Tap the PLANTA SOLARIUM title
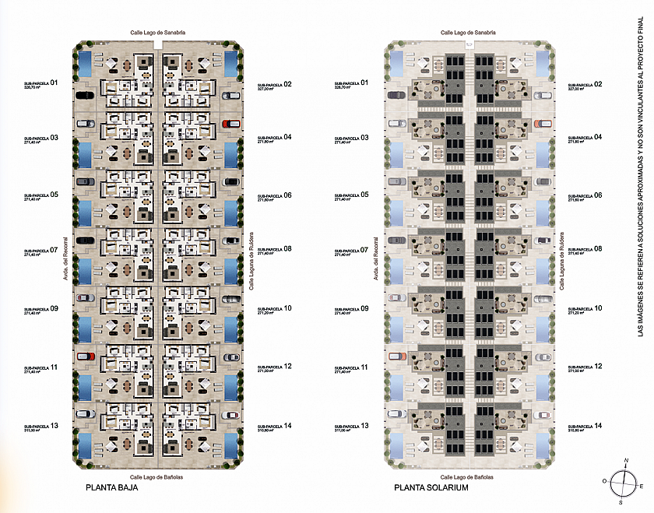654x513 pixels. click(x=431, y=489)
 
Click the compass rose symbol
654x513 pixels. click(x=621, y=480)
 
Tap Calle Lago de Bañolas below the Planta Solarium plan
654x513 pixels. click(x=468, y=477)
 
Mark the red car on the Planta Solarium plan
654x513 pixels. click(x=543, y=123)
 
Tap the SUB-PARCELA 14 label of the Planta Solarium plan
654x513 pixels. click(x=585, y=427)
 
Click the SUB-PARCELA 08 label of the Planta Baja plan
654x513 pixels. click(x=274, y=251)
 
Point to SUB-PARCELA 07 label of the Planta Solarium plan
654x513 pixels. click(x=352, y=251)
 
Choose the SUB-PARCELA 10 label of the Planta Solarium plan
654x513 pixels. click(x=585, y=309)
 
